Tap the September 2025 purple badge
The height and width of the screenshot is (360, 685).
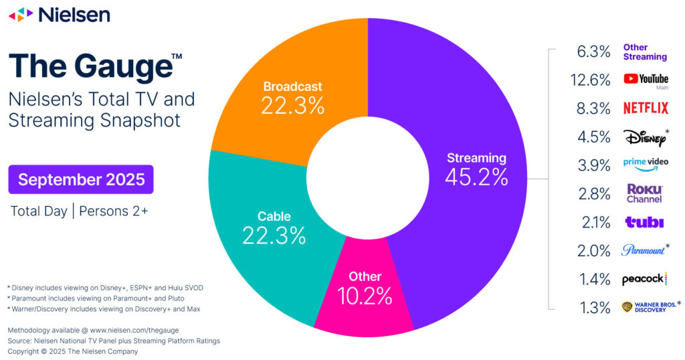click(x=81, y=179)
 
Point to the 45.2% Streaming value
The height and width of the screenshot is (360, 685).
click(x=477, y=177)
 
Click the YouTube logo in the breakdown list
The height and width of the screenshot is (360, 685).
click(x=646, y=80)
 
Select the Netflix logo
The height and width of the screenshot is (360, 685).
click(x=646, y=108)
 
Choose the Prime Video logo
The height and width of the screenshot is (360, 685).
click(x=646, y=163)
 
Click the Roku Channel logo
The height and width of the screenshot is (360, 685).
click(x=644, y=193)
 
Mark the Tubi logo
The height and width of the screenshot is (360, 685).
click(x=644, y=222)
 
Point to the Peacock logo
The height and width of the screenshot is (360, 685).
click(x=644, y=279)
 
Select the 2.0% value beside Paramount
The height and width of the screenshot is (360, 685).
click(x=593, y=251)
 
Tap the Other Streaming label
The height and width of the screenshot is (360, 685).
click(x=645, y=52)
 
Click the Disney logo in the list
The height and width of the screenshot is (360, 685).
click(x=644, y=137)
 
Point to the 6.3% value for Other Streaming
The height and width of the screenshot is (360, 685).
click(x=593, y=52)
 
